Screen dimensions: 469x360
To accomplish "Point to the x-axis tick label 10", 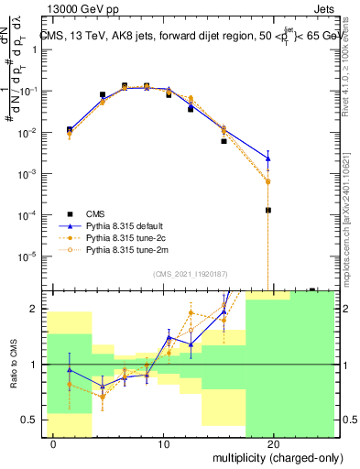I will coord(163,443).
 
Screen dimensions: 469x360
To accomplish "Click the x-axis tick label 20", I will coord(274,443).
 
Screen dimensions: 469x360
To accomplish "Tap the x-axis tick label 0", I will coord(54,443).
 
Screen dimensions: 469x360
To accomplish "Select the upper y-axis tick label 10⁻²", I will coord(27,133).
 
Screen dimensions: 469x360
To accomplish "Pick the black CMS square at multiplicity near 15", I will coord(224,142).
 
